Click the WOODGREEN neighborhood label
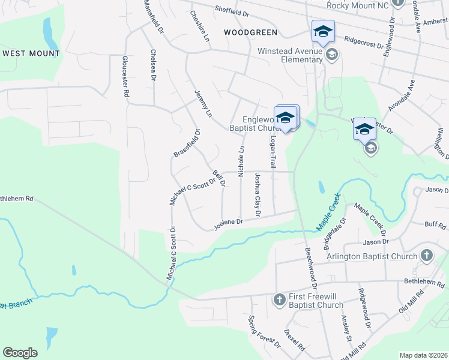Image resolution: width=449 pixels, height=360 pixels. pos(250,32)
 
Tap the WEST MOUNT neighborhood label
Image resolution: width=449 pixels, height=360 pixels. pos(31,53)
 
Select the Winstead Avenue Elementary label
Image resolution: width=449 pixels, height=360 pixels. pos(290,55)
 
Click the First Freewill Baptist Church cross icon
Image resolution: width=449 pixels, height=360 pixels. pos(279,299)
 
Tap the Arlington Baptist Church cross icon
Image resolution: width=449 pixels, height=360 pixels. pos(427,255)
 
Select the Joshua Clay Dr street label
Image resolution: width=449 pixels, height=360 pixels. pos(257,194)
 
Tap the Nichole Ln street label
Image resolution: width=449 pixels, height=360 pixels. pos(241,161)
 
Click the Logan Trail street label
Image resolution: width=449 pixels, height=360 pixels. pos(273,151)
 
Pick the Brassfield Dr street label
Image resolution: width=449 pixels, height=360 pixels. pos(186,145)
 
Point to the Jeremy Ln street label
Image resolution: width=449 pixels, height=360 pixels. pos(203,103)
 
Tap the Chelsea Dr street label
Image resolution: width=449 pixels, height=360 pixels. pos(153,65)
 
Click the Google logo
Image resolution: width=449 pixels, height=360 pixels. pos(20,353)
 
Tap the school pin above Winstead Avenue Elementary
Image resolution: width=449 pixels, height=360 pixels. pos(323,31)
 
